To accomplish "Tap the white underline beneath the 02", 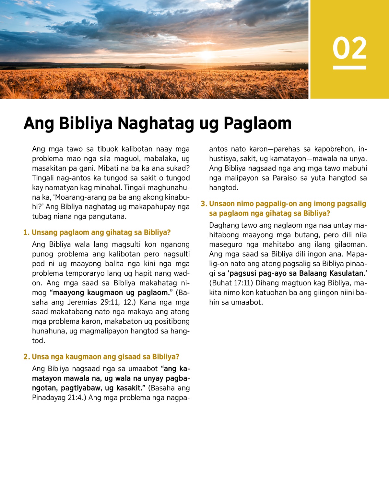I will coord(349,68).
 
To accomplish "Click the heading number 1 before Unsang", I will coord(26,232).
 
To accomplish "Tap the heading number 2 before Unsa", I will coord(26,357).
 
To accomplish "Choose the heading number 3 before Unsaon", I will coord(204,204).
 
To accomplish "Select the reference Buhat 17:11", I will coord(232,283).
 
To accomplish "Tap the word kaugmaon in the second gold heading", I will coord(83,357).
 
